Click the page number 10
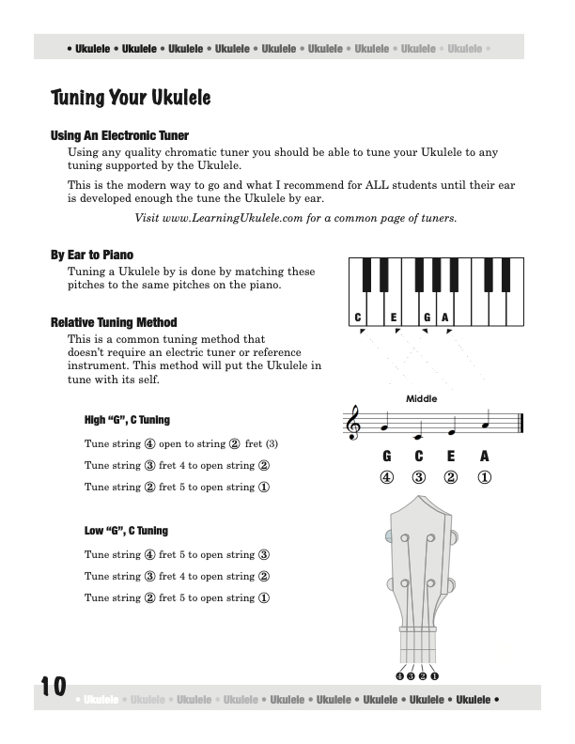coord(54,688)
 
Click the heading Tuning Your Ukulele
coord(131,98)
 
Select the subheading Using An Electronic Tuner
coord(119,136)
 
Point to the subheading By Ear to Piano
coord(92,255)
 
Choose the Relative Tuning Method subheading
coord(114,322)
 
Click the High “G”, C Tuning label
coord(127,420)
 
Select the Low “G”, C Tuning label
coord(126,531)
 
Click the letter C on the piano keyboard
coord(358,317)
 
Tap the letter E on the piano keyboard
coord(394,317)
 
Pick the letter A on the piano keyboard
coord(444,317)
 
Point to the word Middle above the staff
coord(422,399)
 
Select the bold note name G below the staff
coord(386,457)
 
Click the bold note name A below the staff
coord(485,457)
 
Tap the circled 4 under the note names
coord(386,476)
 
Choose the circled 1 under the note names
coord(485,476)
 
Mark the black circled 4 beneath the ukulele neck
coord(400,675)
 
